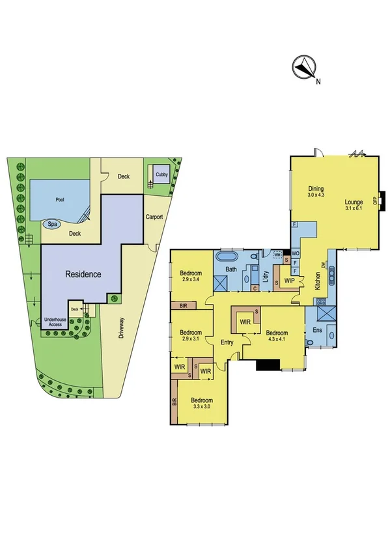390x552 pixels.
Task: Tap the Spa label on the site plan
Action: pyautogui.click(x=50, y=224)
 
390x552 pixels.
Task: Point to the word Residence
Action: pyautogui.click(x=83, y=274)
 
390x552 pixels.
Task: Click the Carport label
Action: pyautogui.click(x=154, y=217)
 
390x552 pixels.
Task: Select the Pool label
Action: pyautogui.click(x=60, y=199)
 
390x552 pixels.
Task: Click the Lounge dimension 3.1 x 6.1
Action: pyautogui.click(x=354, y=208)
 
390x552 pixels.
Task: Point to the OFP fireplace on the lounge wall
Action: pyautogui.click(x=375, y=201)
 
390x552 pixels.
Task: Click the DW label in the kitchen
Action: pyautogui.click(x=322, y=266)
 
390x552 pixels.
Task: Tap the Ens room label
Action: pyautogui.click(x=316, y=330)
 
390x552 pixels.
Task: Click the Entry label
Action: pyautogui.click(x=227, y=342)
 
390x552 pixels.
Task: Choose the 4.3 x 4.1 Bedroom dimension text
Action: pyautogui.click(x=278, y=338)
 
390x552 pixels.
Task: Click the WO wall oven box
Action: pyautogui.click(x=295, y=253)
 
